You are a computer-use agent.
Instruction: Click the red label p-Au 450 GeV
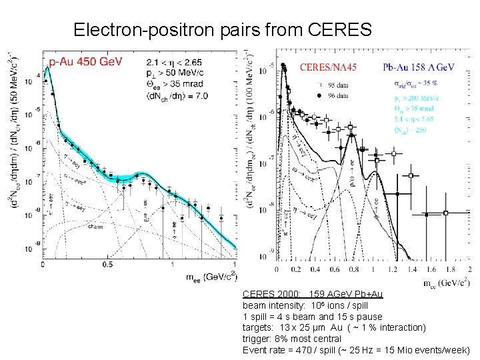(85, 61)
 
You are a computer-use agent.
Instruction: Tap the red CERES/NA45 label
(328, 67)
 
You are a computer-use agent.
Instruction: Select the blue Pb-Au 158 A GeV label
(419, 67)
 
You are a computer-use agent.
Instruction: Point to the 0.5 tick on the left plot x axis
(108, 265)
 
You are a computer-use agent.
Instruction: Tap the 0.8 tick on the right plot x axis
(353, 269)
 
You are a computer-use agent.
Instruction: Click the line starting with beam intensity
(305, 305)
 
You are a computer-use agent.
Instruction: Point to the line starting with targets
(334, 327)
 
